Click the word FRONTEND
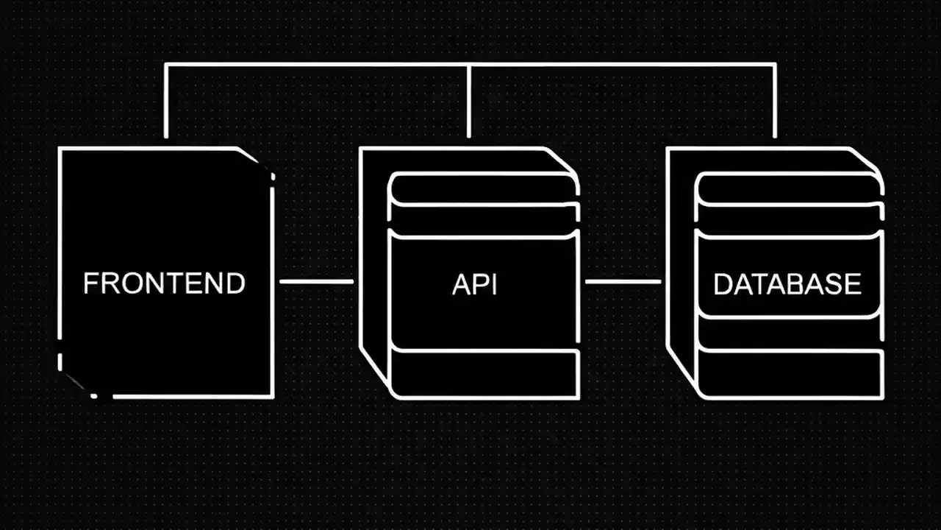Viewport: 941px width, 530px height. (164, 283)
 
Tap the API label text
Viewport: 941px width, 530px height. (475, 284)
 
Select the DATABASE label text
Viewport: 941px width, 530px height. (787, 284)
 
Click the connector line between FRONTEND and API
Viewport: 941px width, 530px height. (316, 280)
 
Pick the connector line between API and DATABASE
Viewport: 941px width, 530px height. (622, 280)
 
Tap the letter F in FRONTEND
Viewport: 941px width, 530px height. (90, 283)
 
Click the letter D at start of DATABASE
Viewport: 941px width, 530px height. (722, 284)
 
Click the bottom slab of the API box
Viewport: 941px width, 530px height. (484, 374)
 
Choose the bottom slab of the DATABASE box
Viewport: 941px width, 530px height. (790, 374)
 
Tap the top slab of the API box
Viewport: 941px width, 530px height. (484, 188)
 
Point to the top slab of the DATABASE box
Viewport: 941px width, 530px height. (790, 188)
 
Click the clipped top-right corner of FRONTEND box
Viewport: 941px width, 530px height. (257, 162)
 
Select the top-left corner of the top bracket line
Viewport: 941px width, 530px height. (165, 65)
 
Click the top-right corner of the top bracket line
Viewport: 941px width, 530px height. (775, 65)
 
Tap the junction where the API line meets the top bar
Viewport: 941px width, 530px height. (469, 65)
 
